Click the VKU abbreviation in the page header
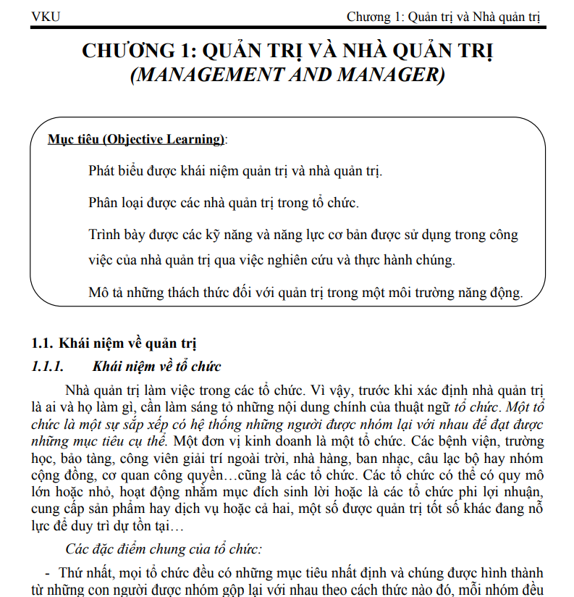(46, 17)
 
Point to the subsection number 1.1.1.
(48, 366)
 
